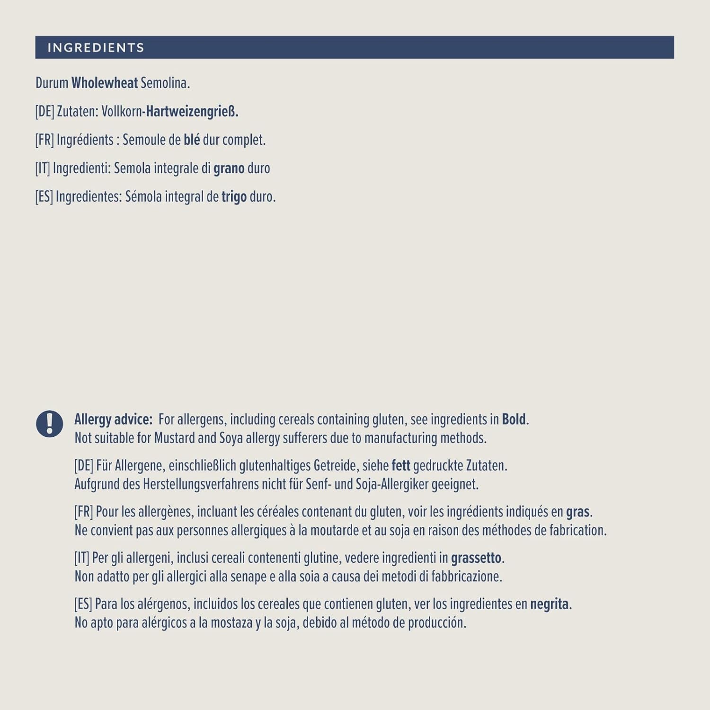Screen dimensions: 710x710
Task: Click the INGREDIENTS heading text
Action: (x=96, y=48)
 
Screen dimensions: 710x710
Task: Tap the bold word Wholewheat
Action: (x=105, y=83)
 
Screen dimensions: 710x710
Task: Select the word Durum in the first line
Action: (x=52, y=83)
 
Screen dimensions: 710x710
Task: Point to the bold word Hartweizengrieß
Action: (x=192, y=112)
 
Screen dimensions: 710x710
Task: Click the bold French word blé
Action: (x=192, y=140)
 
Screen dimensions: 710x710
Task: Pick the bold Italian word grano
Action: (x=229, y=169)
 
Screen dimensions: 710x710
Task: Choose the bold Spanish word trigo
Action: (x=234, y=197)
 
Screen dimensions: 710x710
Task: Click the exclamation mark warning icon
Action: (x=50, y=423)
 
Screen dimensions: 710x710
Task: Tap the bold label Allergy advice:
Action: (x=113, y=419)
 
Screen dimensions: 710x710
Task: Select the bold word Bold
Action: (x=514, y=419)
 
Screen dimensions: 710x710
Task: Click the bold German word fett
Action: (x=400, y=466)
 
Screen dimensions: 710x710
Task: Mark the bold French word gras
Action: (x=577, y=512)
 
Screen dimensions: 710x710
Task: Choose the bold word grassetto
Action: (x=476, y=558)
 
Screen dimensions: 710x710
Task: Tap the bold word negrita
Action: (x=549, y=604)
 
